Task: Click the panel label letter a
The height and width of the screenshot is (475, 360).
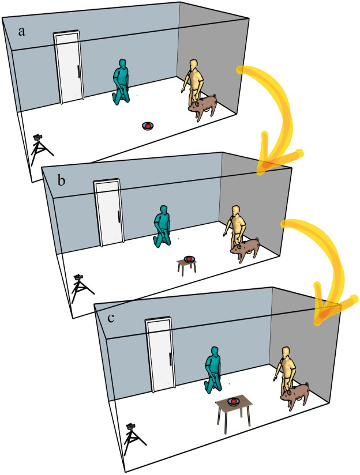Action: tap(21, 32)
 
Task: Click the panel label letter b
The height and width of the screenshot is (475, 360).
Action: tap(61, 180)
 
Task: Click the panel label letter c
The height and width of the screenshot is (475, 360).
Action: tap(111, 318)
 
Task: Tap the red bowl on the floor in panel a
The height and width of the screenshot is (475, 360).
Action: tap(148, 126)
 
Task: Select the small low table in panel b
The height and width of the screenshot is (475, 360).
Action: tap(187, 265)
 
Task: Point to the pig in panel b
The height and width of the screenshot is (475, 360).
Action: tap(245, 250)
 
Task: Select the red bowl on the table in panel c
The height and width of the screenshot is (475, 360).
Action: tap(234, 401)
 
